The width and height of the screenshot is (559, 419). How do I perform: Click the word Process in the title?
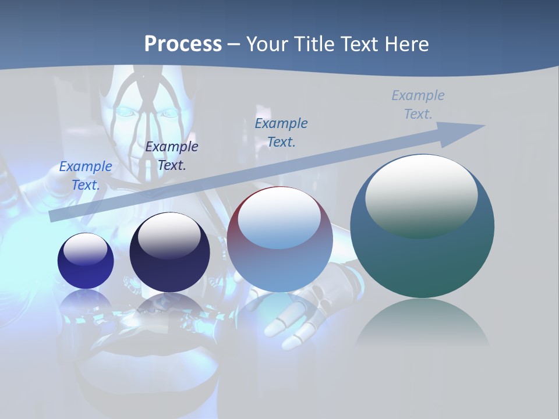(183, 44)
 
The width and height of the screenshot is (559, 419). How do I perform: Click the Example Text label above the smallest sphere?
(86, 175)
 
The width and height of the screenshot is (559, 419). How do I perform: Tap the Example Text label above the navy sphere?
(172, 155)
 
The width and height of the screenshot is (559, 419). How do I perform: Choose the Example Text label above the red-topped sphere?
(281, 132)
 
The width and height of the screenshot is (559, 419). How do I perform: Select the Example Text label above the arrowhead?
(418, 104)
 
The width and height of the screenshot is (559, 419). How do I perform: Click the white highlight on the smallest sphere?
(85, 249)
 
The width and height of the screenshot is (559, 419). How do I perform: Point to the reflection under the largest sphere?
(422, 326)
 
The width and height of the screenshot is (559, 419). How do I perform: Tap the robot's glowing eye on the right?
(168, 113)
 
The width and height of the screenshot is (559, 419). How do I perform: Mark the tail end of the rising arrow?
(54, 216)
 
